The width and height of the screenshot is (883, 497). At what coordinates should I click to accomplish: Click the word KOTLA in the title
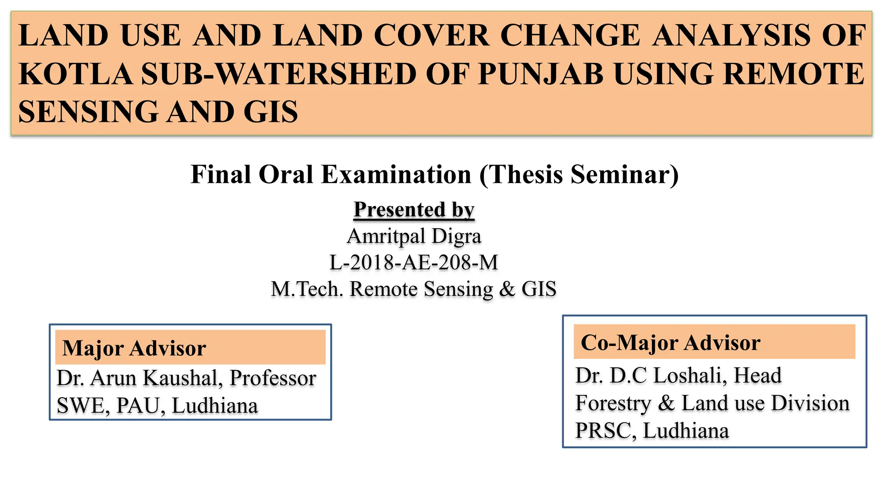point(76,74)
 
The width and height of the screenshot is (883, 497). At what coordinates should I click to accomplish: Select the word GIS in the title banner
point(270,112)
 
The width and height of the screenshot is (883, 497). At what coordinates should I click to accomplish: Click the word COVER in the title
point(432,35)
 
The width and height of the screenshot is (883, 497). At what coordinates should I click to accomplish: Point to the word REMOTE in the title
point(794,74)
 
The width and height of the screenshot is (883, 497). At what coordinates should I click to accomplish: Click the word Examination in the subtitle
point(396,175)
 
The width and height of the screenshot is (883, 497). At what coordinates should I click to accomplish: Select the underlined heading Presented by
point(414,210)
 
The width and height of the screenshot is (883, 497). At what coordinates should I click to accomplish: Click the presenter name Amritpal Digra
point(414,236)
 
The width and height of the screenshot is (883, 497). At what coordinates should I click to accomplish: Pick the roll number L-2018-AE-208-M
point(414,262)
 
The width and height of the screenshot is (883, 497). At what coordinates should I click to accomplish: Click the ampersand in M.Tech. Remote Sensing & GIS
point(507,289)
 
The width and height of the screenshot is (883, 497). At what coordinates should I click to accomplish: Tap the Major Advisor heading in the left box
point(134,348)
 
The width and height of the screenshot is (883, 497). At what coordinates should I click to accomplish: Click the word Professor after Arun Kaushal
point(273,378)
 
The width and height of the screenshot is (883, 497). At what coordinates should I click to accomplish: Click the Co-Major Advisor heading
point(670,343)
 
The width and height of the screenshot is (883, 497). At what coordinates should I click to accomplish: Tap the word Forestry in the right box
point(613,403)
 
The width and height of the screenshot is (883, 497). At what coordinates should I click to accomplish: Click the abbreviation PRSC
point(603,431)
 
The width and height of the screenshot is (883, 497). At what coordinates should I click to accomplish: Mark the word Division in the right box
point(810,403)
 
